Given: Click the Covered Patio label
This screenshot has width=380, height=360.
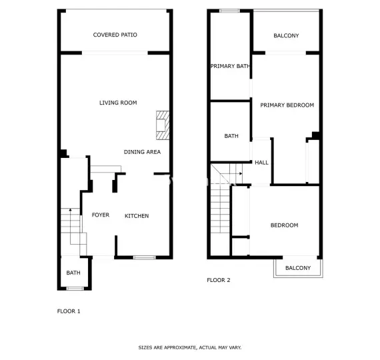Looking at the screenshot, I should coord(115,35).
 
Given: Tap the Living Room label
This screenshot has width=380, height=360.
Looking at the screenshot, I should coord(118,103).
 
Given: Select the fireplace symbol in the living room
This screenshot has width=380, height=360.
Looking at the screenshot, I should coord(162,125).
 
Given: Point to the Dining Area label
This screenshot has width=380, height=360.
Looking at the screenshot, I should coord(142,152).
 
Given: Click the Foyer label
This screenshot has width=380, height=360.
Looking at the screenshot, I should coord(101,215).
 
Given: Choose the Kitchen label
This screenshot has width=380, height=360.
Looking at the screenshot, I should coord(137,216).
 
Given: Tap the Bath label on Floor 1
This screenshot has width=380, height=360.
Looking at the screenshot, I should coord(73,273).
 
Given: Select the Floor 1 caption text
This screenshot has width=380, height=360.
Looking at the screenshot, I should coord(69,311).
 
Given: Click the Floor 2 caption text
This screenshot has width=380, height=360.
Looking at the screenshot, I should coord(219,280).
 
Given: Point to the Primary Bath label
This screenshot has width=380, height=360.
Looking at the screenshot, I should coord(230,66).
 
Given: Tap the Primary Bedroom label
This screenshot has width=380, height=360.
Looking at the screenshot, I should coord(287,105).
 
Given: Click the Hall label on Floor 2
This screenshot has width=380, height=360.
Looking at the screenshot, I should coord(261,163).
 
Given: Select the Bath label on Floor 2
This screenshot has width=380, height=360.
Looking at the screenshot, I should coord(231,136).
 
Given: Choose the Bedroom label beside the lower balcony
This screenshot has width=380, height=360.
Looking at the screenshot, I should coord(284,225).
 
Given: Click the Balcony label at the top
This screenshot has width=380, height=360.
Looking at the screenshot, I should coord(286,36).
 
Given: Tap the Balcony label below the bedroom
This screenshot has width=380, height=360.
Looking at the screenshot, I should coord(298,268).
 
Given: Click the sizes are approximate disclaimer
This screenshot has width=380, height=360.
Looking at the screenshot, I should coord(190,347).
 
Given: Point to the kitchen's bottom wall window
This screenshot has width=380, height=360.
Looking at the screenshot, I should coord(144,257).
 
